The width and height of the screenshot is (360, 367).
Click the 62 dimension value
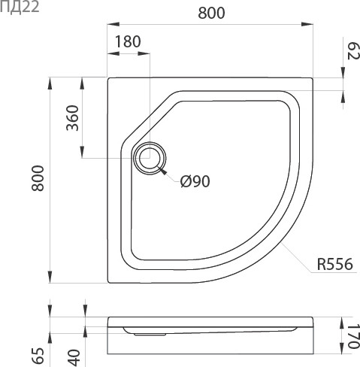point(352,53)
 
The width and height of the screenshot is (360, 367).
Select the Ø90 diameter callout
point(195,180)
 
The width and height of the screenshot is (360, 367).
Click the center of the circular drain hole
point(150,159)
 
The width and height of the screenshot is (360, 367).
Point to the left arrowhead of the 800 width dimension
point(112,26)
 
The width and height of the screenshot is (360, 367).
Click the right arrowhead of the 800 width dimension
point(310,26)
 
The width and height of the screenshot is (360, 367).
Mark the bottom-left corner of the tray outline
point(109,284)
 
